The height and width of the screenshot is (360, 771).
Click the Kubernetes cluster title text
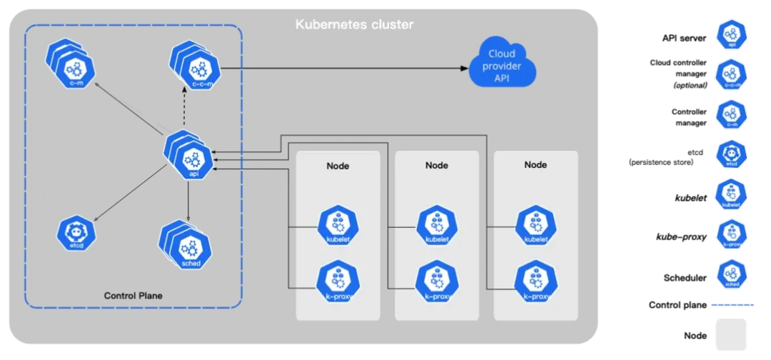[x=354, y=25]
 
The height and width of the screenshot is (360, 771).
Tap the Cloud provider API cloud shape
[x=502, y=66]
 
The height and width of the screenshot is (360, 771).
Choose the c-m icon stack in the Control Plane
[x=73, y=69]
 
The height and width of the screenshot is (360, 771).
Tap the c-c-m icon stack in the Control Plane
[x=196, y=70]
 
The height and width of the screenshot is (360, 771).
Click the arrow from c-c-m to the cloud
[x=343, y=69]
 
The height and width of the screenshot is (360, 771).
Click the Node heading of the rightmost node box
[x=535, y=165]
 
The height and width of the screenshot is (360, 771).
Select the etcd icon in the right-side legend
[x=731, y=154]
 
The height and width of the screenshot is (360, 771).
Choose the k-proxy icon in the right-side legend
[x=731, y=234]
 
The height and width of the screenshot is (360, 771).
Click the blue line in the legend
[x=734, y=305]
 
